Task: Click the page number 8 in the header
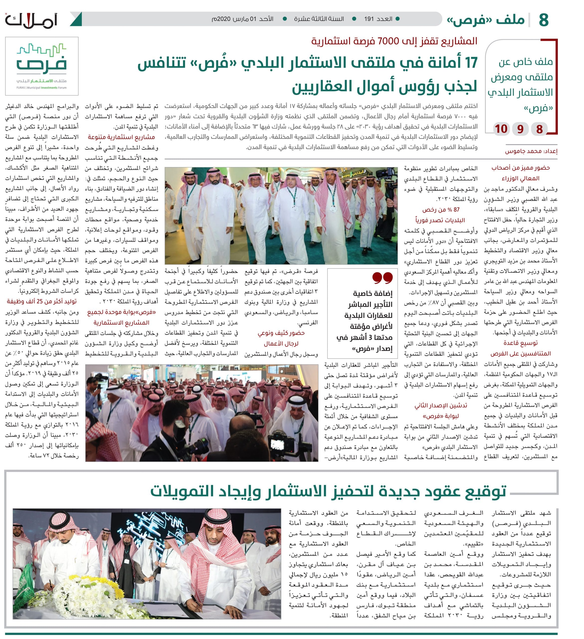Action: point(543,20)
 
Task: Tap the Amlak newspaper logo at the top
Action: point(31,20)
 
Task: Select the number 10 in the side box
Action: point(501,129)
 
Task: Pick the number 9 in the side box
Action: point(520,129)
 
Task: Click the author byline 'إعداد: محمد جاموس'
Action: point(531,151)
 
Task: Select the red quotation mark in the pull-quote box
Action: point(383,277)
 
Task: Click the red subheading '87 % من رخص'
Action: point(441,209)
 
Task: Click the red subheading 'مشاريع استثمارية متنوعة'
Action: point(121,137)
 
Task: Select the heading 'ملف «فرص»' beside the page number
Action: point(487,20)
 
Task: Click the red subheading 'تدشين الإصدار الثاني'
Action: point(441,406)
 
